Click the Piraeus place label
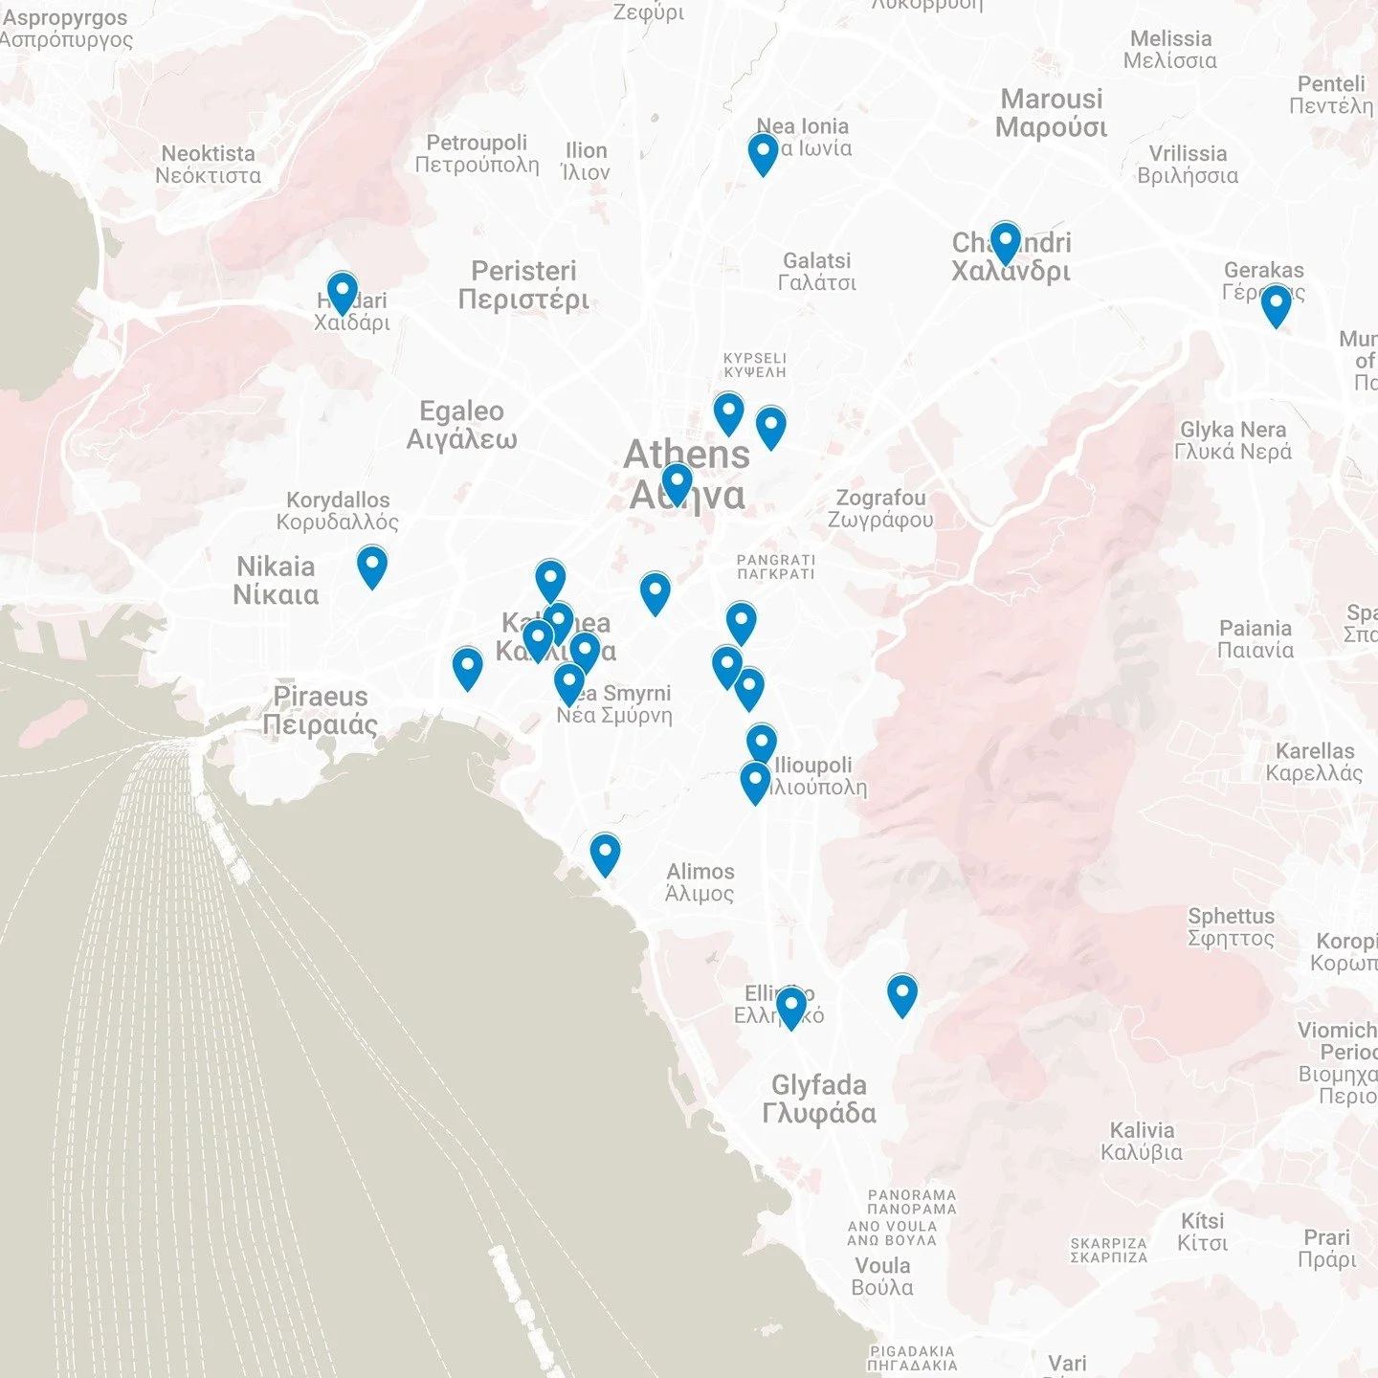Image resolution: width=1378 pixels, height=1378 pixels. (x=321, y=710)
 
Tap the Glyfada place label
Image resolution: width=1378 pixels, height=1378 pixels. (x=819, y=1099)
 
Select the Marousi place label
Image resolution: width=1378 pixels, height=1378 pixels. (x=1051, y=113)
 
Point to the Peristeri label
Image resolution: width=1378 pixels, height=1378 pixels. (x=523, y=284)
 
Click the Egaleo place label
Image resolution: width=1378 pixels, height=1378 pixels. (x=461, y=425)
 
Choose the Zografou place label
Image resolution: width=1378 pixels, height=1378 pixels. (x=880, y=508)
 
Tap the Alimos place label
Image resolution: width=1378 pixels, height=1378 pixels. (x=700, y=882)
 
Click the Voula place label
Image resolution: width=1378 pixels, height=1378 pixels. (x=882, y=1276)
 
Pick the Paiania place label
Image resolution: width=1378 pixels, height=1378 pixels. (x=1256, y=639)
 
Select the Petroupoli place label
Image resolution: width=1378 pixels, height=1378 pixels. (x=477, y=153)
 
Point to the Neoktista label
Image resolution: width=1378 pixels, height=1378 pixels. (x=208, y=165)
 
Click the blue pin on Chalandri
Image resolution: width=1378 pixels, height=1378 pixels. (x=1005, y=242)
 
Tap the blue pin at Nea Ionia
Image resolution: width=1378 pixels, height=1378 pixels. (x=763, y=153)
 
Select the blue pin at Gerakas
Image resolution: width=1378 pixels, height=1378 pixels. (x=1276, y=305)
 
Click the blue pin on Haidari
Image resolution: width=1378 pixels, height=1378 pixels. (x=342, y=292)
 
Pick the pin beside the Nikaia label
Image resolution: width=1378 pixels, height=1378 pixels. (x=372, y=566)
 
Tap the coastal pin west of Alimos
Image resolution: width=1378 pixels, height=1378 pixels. (x=605, y=854)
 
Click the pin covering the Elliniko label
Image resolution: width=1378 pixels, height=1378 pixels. (x=790, y=1007)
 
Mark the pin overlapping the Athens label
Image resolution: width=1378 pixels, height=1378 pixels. (x=677, y=484)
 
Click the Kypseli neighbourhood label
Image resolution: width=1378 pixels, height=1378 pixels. (x=754, y=366)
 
